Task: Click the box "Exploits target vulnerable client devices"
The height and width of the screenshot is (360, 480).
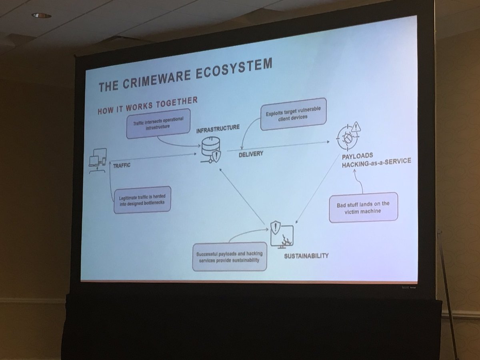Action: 294,117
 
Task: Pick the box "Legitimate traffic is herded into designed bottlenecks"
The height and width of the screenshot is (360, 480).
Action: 142,200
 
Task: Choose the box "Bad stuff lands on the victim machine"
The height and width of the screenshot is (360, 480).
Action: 363,207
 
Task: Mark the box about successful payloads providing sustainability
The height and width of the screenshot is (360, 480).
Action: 229,256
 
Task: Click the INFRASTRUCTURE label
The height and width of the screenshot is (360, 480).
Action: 218,129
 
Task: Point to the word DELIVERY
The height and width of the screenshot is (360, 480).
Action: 251,153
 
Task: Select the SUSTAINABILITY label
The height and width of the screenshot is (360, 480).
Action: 306,255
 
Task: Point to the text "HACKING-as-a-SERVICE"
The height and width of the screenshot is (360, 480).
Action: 376,162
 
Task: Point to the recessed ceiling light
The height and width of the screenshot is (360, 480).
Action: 42,16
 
